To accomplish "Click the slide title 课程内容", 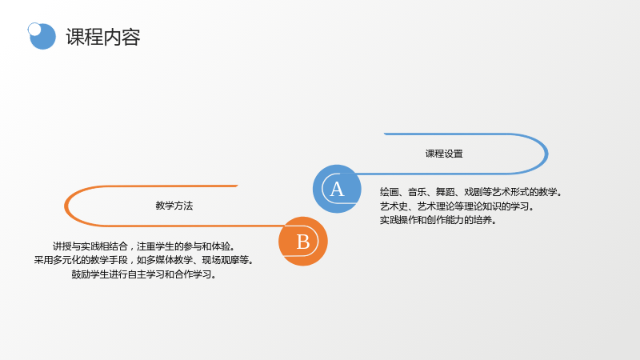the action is coord(103,37).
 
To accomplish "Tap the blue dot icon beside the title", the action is coord(42,36).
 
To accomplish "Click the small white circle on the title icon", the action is coord(34,29).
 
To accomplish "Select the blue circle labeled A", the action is coord(337,189).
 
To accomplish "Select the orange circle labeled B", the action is coord(303,242).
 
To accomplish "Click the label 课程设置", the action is coord(444,154).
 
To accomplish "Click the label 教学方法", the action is coord(174,206).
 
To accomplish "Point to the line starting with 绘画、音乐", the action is coord(470,192).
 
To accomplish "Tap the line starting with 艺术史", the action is coord(457,206).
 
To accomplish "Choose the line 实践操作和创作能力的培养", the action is coord(438,220).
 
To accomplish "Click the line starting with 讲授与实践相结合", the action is coord(144,246).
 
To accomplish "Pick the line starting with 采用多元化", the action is coord(144,260).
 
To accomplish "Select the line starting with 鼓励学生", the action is coord(144,274).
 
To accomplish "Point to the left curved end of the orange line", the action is coord(66,206).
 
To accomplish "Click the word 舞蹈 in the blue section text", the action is coord(445,192).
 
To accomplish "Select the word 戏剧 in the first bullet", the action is coord(473,192).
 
